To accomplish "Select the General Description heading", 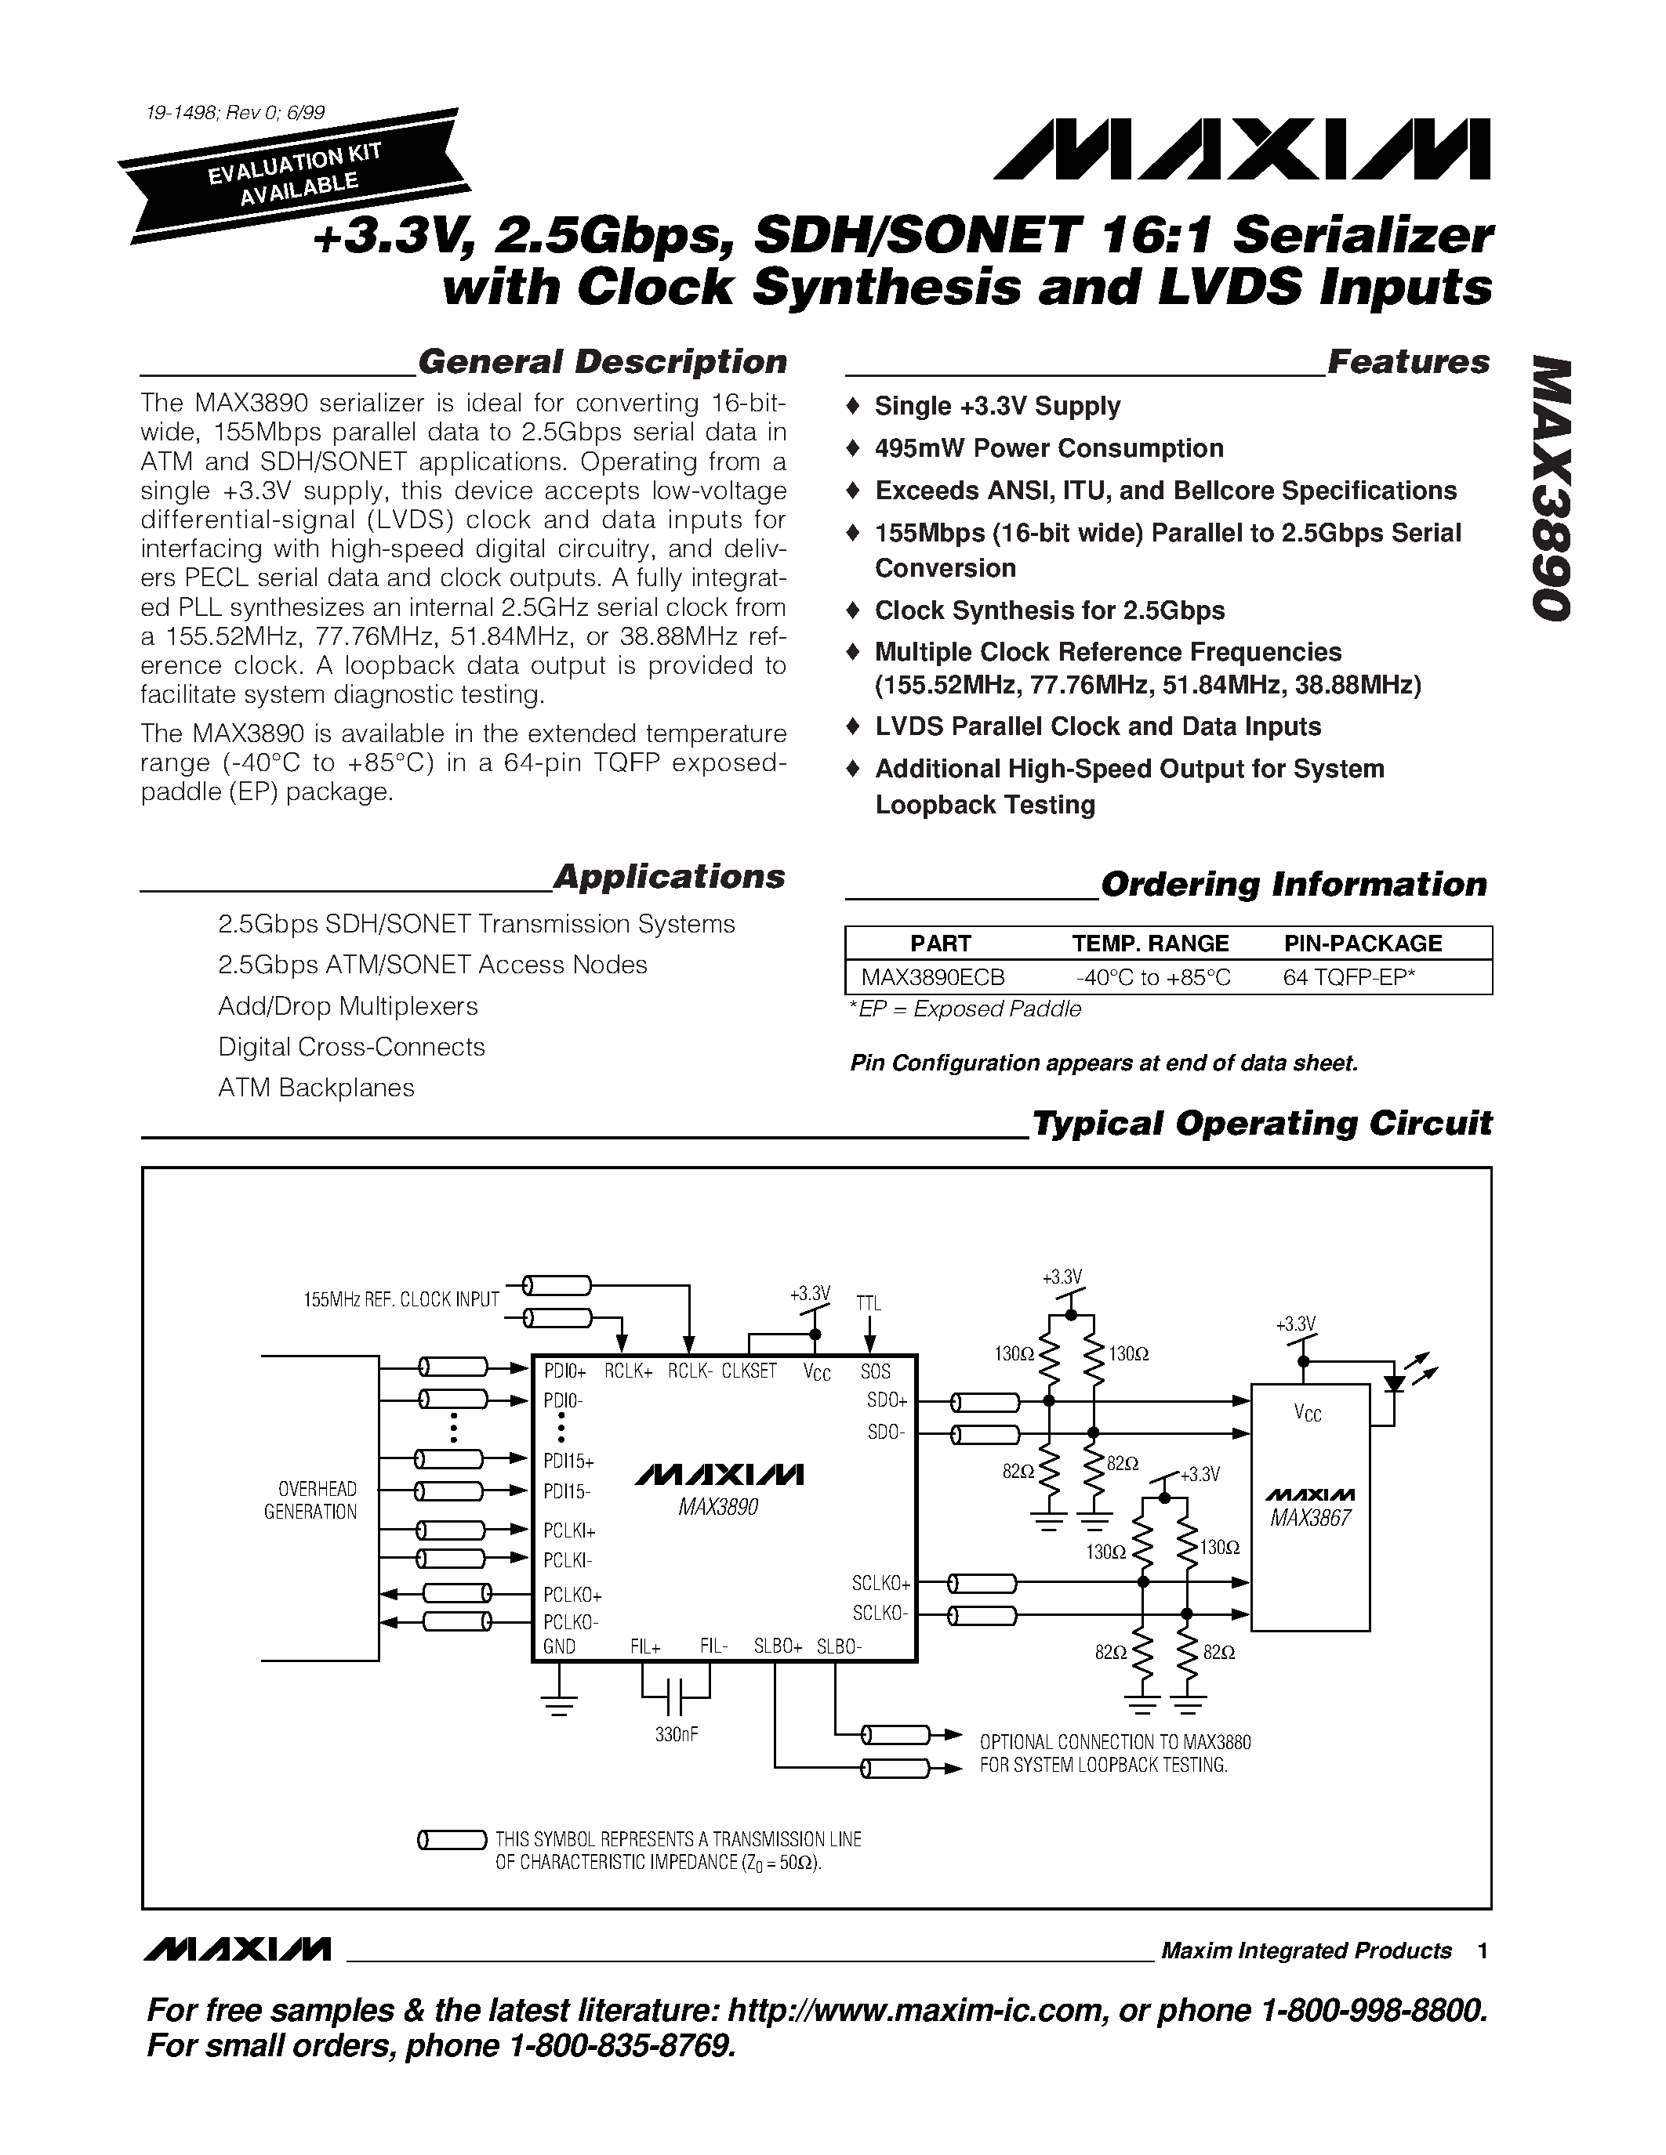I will click(x=602, y=362).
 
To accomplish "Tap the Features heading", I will click(x=1408, y=362).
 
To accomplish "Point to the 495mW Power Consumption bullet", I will click(x=1048, y=449).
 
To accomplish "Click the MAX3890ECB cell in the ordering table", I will click(x=933, y=977).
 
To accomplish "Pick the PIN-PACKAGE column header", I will click(x=1362, y=943).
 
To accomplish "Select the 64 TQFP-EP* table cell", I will click(x=1349, y=977).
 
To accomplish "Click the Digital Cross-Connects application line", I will click(x=351, y=1047).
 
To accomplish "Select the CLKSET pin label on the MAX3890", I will click(x=748, y=1371).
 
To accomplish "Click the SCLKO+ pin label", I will click(x=880, y=1584).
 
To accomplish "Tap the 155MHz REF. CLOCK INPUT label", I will click(x=401, y=1299).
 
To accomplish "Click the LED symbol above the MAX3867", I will click(x=1395, y=1382).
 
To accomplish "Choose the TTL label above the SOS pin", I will click(x=869, y=1303).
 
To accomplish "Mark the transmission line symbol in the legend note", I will click(x=452, y=1839).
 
